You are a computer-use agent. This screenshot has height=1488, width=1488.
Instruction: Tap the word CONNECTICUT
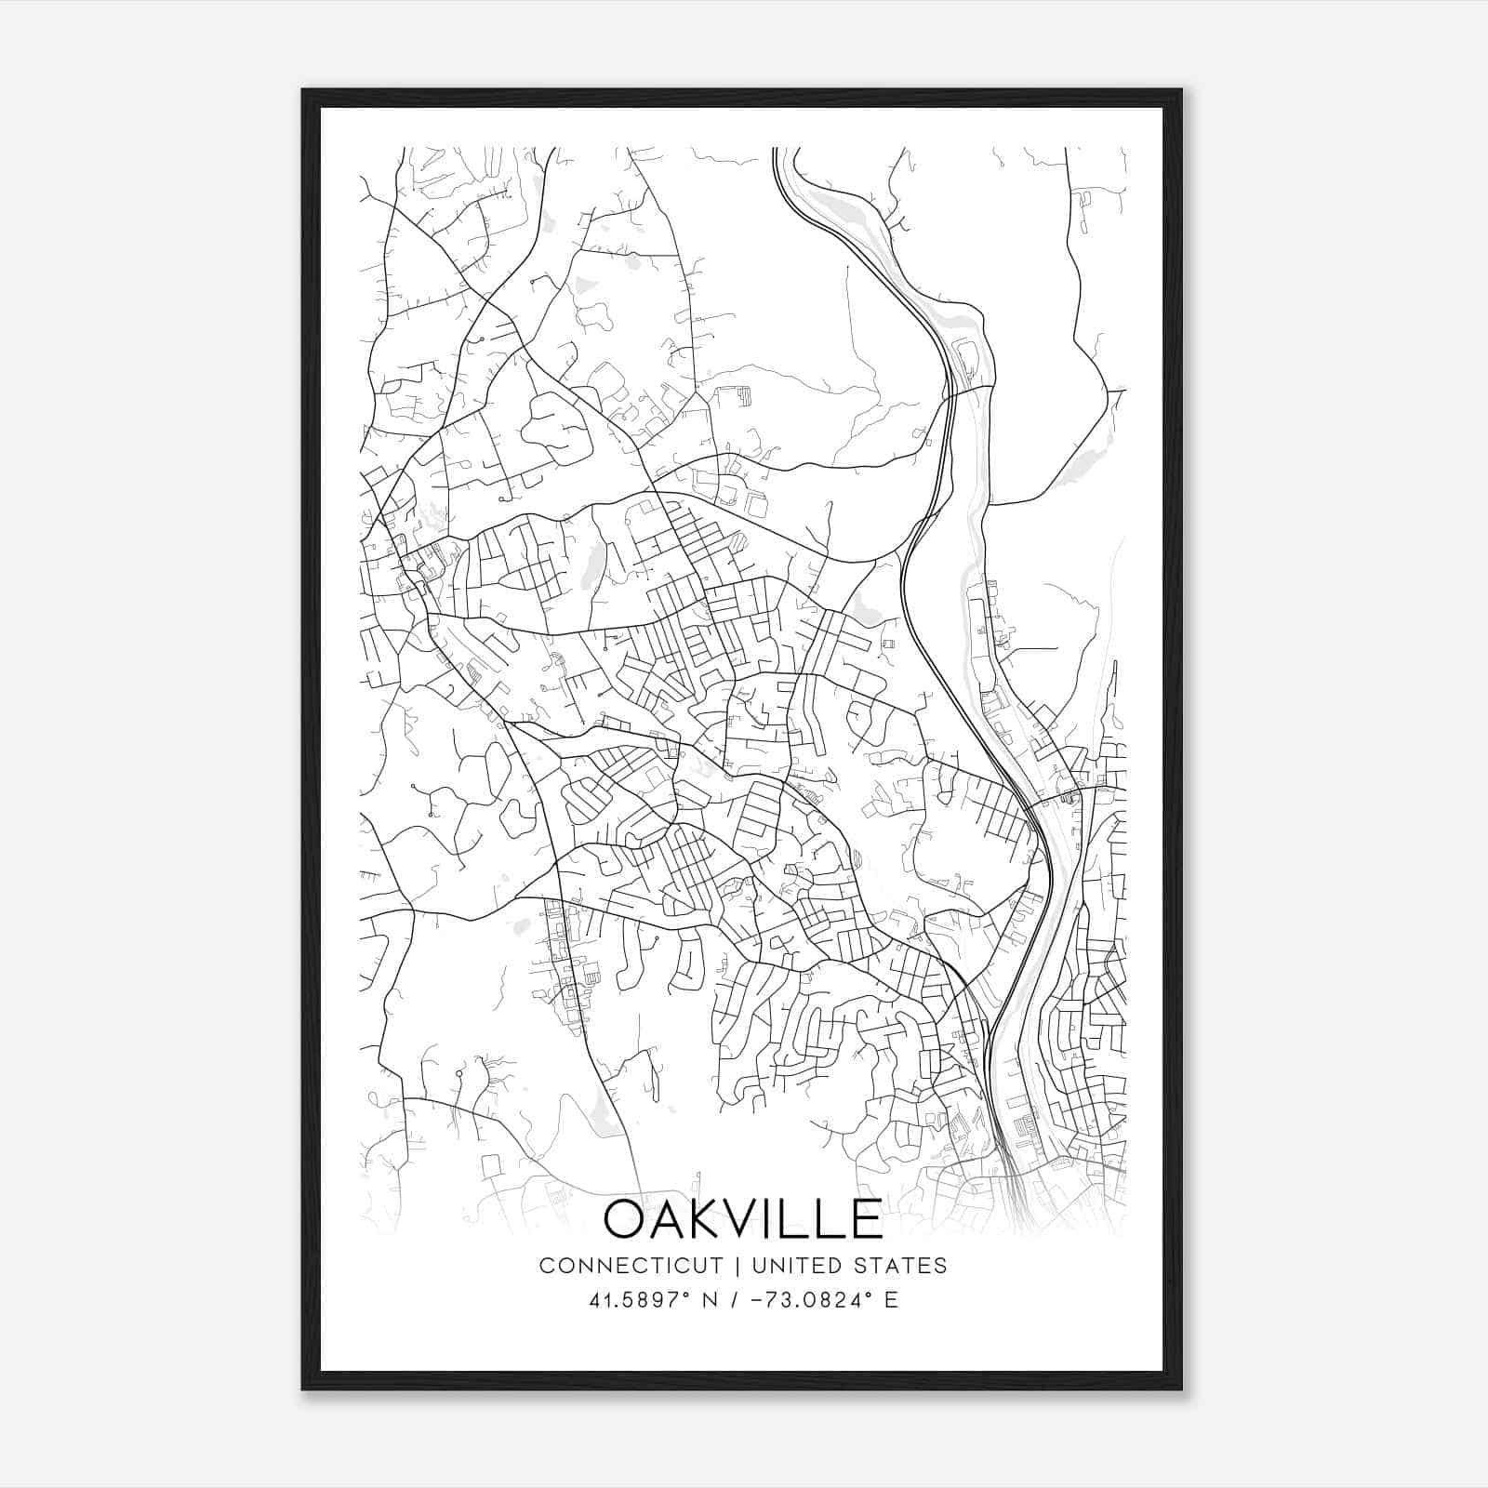coord(631,1266)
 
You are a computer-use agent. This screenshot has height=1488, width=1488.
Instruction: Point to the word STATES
coord(903,1266)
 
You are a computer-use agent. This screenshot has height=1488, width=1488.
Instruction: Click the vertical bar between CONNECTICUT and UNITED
coord(737,1266)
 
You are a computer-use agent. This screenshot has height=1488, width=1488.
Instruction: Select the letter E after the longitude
coord(891,1300)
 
